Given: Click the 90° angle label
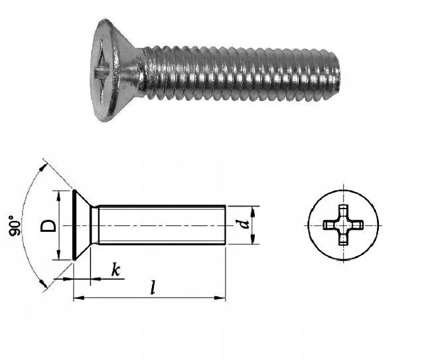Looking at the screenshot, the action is point(15,226).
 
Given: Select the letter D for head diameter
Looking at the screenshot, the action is point(48,226).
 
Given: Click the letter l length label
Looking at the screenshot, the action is point(153,288).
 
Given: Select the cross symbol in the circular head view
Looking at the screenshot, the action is point(343,225).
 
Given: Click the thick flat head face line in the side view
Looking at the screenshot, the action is point(74,225).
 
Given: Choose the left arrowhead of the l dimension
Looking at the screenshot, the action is point(79,298).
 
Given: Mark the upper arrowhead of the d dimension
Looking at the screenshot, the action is point(253,211).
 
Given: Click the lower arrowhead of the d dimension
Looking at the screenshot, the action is point(253,238).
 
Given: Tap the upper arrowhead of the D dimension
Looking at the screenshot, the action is point(58,196).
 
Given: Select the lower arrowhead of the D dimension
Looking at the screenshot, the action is point(58,254).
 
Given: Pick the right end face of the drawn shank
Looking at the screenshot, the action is point(226,225).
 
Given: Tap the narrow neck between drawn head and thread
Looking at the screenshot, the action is point(94,225).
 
